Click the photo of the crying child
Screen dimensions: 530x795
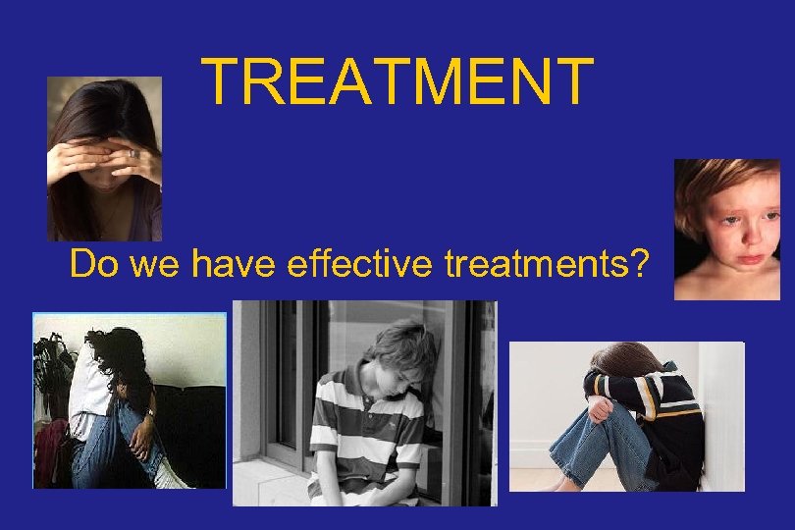click(x=726, y=230)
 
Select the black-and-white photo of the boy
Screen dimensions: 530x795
click(x=364, y=403)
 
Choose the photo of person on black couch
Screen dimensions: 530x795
click(x=130, y=400)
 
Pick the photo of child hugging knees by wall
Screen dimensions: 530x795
click(x=626, y=416)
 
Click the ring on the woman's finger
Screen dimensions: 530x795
click(x=134, y=154)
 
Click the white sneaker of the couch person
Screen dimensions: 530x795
click(x=173, y=479)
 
